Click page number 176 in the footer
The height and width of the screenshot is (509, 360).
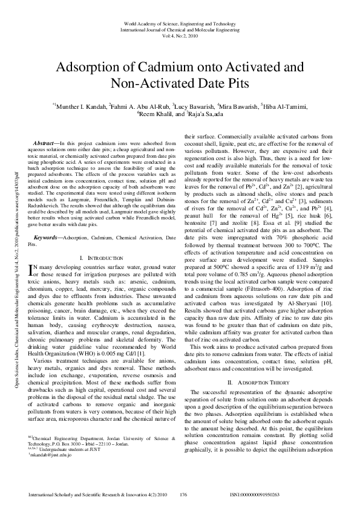coord(183,494)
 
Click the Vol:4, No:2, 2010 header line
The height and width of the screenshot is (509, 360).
coord(180,36)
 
